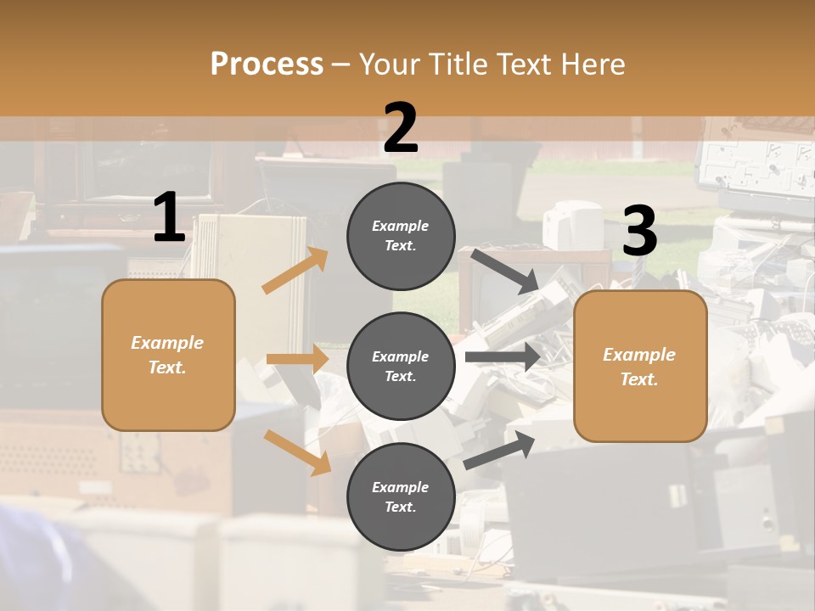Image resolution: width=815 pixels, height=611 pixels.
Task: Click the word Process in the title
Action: pyautogui.click(x=267, y=64)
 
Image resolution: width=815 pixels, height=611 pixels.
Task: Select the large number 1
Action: pyautogui.click(x=169, y=218)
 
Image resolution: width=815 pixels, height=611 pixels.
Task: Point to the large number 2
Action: pyautogui.click(x=401, y=128)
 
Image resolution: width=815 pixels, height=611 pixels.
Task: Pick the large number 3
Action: pyautogui.click(x=639, y=232)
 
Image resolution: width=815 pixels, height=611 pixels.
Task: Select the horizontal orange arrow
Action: pyautogui.click(x=297, y=359)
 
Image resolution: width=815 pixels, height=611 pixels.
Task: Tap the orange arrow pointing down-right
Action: pyautogui.click(x=297, y=452)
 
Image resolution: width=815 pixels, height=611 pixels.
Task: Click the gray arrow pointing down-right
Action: pyautogui.click(x=505, y=271)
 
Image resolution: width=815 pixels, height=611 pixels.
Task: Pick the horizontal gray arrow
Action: pyautogui.click(x=503, y=356)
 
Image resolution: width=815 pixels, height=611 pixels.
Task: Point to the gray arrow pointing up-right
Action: pyautogui.click(x=499, y=450)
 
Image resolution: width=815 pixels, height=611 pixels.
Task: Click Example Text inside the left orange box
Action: pyautogui.click(x=167, y=355)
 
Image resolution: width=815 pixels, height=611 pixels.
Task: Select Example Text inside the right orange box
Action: pyautogui.click(x=639, y=367)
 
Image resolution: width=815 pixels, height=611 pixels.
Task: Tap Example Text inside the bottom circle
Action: pyautogui.click(x=401, y=497)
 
